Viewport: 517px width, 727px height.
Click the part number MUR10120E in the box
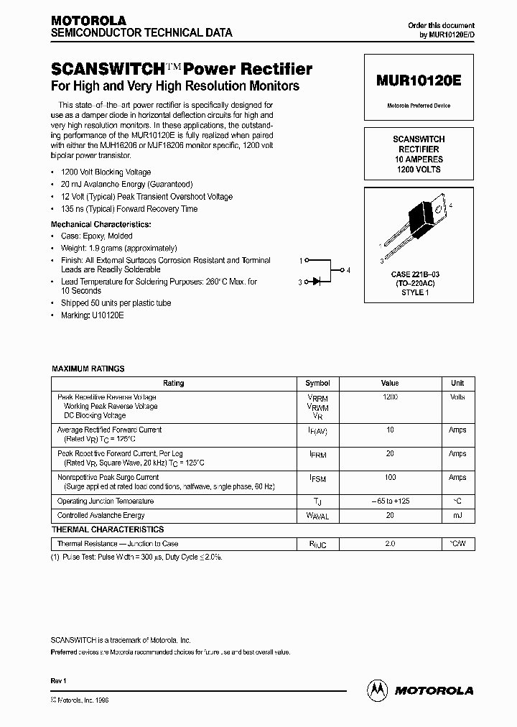(418, 81)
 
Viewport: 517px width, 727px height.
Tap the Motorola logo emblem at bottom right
(377, 690)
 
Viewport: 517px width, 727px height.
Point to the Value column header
(389, 384)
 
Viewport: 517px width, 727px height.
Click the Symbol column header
(317, 384)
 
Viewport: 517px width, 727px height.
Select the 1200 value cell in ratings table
(389, 397)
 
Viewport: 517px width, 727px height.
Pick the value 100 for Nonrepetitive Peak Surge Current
(389, 478)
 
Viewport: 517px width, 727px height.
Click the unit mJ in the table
(457, 515)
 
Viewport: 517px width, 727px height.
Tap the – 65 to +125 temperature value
(389, 501)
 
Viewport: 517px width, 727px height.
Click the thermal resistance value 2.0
(389, 544)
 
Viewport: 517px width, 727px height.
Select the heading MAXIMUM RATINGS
(88, 369)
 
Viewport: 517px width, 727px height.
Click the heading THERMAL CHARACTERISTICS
(108, 529)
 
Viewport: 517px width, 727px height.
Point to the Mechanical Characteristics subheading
(101, 224)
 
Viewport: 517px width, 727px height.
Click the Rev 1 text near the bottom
(59, 680)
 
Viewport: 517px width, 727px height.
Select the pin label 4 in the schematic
(348, 271)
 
